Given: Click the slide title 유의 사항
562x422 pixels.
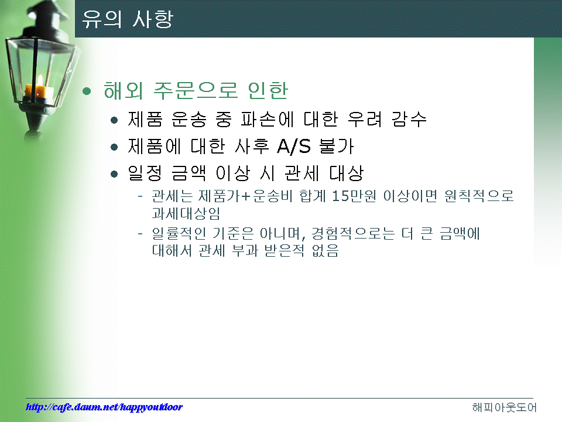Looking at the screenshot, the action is [128, 19].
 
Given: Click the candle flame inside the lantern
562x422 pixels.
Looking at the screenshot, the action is [40, 80].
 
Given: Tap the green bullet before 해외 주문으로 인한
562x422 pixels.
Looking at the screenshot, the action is [87, 91].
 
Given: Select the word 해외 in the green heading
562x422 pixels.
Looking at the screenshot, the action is [124, 90].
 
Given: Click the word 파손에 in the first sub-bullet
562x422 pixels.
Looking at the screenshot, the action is [268, 119].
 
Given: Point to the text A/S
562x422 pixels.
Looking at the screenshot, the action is [294, 146].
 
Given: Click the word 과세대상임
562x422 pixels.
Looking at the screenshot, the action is [186, 213].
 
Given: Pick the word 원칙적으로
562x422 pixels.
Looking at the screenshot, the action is [479, 196].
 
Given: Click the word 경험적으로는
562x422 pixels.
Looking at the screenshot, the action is [353, 233].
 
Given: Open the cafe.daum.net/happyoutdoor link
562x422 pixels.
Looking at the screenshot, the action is [104, 407].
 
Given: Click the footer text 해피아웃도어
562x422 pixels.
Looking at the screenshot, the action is [504, 407].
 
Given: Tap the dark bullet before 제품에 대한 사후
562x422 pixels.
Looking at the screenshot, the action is [114, 147].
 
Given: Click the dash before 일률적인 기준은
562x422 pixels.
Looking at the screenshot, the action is [140, 234].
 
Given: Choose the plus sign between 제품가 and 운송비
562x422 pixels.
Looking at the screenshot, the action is [246, 196].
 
